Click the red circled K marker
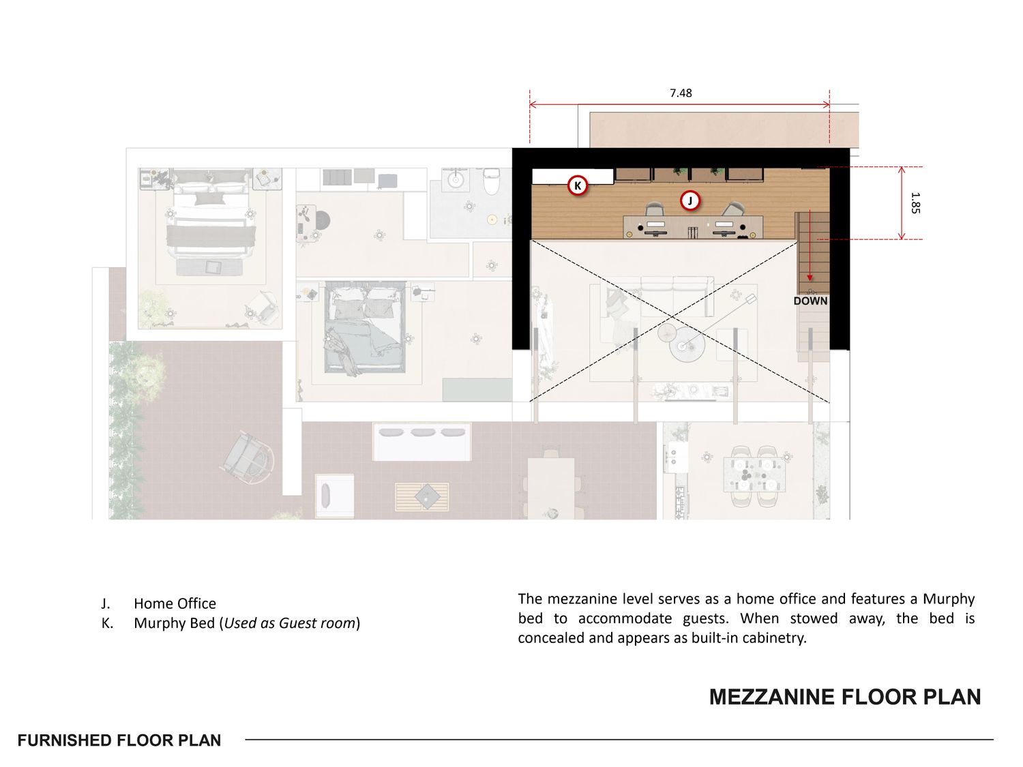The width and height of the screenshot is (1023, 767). pos(578,186)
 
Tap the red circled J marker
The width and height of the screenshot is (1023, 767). pos(690,200)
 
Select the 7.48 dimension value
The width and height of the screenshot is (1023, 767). pos(681,93)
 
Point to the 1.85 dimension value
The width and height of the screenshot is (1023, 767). pos(915,203)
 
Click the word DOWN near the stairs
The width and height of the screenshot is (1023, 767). pos(810,301)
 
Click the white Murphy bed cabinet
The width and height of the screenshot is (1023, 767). pos(573,177)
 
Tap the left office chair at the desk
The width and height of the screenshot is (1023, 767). pos(654,209)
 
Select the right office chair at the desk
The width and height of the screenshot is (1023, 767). pos(732,209)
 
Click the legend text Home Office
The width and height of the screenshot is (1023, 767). pos(175,603)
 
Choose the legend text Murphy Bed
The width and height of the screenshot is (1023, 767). pos(175,623)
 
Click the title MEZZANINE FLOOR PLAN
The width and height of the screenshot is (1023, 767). pos(845,697)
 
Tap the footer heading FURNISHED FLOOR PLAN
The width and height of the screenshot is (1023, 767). pos(119,740)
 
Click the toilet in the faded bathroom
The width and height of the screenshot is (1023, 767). pos(491,181)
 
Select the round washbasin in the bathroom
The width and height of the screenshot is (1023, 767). pos(455,179)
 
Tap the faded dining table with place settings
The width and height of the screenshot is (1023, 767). pos(754,475)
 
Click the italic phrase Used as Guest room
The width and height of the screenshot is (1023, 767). pos(290,623)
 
